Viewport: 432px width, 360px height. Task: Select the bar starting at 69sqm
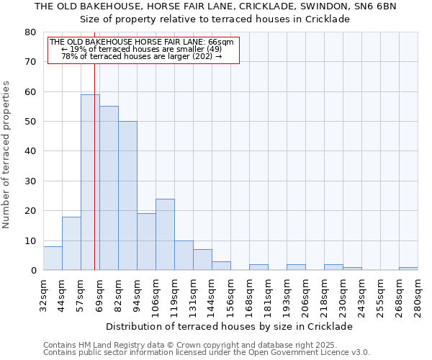click(x=109, y=188)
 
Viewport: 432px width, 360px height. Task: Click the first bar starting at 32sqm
click(x=53, y=258)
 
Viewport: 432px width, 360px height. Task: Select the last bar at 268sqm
click(x=408, y=269)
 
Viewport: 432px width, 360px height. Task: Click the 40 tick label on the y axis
click(x=30, y=152)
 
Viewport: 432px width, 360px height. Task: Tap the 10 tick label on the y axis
click(x=30, y=241)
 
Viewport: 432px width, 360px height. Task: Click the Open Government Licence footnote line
click(x=206, y=353)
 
